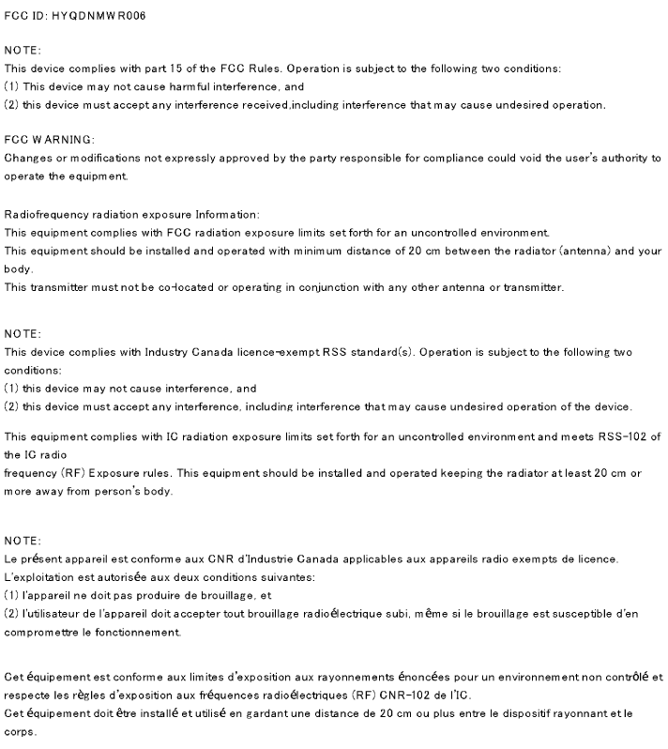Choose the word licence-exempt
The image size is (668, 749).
coord(286,352)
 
